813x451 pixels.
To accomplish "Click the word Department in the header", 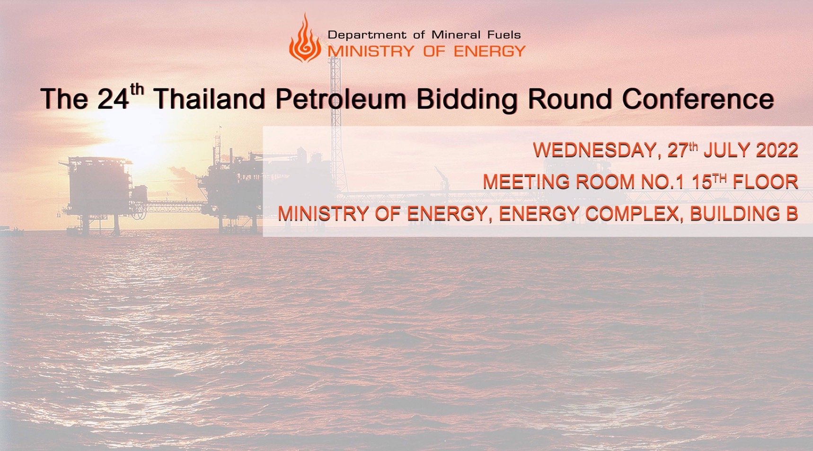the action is [367, 35].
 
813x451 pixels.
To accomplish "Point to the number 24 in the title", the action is [113, 99].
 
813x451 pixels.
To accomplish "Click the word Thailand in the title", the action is [209, 99].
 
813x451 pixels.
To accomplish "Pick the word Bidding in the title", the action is [467, 100].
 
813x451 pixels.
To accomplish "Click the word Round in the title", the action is [569, 99].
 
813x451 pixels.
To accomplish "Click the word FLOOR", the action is [765, 182].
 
